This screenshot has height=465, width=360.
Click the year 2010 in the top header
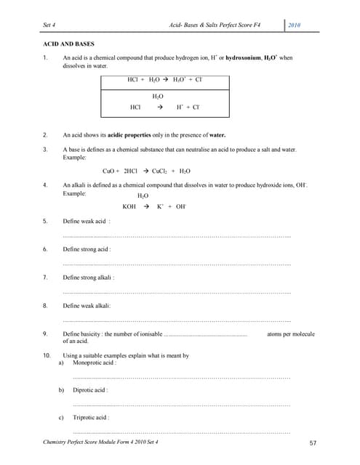click(295, 25)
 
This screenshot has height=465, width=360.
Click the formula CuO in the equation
click(111, 171)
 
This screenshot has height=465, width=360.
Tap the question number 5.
click(46, 220)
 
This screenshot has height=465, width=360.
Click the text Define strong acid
click(87, 248)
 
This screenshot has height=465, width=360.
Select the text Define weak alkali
click(87, 305)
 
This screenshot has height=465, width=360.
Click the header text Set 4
click(51, 25)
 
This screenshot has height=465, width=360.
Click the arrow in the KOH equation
click(146, 206)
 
